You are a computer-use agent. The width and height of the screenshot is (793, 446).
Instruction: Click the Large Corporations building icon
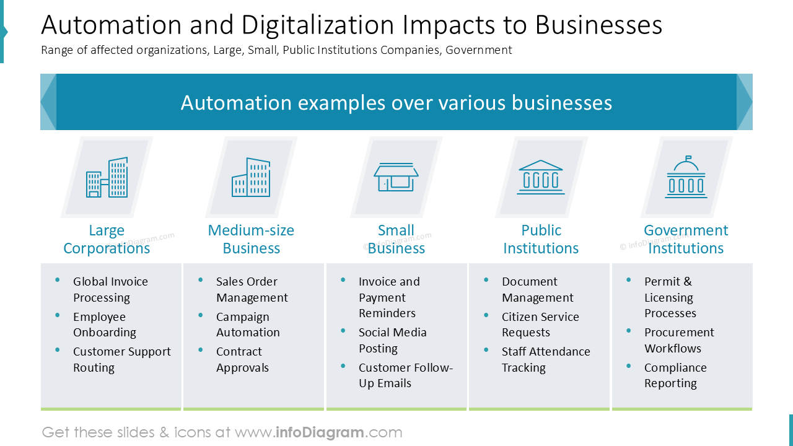click(x=107, y=177)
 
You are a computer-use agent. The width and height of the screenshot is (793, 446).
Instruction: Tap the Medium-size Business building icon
click(x=251, y=177)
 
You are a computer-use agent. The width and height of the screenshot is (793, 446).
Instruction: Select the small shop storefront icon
click(x=396, y=177)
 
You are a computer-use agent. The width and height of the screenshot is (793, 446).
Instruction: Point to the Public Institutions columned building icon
click(x=541, y=177)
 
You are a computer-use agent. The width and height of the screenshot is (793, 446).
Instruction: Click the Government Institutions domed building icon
click(x=686, y=177)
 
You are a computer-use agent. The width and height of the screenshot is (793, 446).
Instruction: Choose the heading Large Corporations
click(x=107, y=239)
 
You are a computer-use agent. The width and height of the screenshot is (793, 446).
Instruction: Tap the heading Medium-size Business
click(x=251, y=239)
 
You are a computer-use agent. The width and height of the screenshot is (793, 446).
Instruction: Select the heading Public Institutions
click(x=541, y=239)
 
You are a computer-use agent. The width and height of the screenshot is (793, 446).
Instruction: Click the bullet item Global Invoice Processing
click(x=110, y=289)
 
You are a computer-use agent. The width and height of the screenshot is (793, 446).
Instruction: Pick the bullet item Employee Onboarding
click(x=104, y=325)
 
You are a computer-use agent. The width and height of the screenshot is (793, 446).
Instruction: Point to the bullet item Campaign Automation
click(x=248, y=325)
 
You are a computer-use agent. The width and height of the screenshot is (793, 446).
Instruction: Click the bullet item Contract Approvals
click(x=242, y=359)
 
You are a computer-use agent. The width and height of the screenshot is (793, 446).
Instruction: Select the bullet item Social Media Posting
click(x=392, y=340)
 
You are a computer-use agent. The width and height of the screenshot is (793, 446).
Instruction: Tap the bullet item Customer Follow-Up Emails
click(x=405, y=375)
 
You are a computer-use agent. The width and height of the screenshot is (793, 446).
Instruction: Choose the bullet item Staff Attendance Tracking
click(x=545, y=359)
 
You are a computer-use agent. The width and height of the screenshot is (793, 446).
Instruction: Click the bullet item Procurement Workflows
click(x=679, y=340)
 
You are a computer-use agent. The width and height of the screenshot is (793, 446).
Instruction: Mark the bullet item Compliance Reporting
click(x=675, y=375)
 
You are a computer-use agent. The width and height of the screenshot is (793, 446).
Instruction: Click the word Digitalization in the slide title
click(x=318, y=25)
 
